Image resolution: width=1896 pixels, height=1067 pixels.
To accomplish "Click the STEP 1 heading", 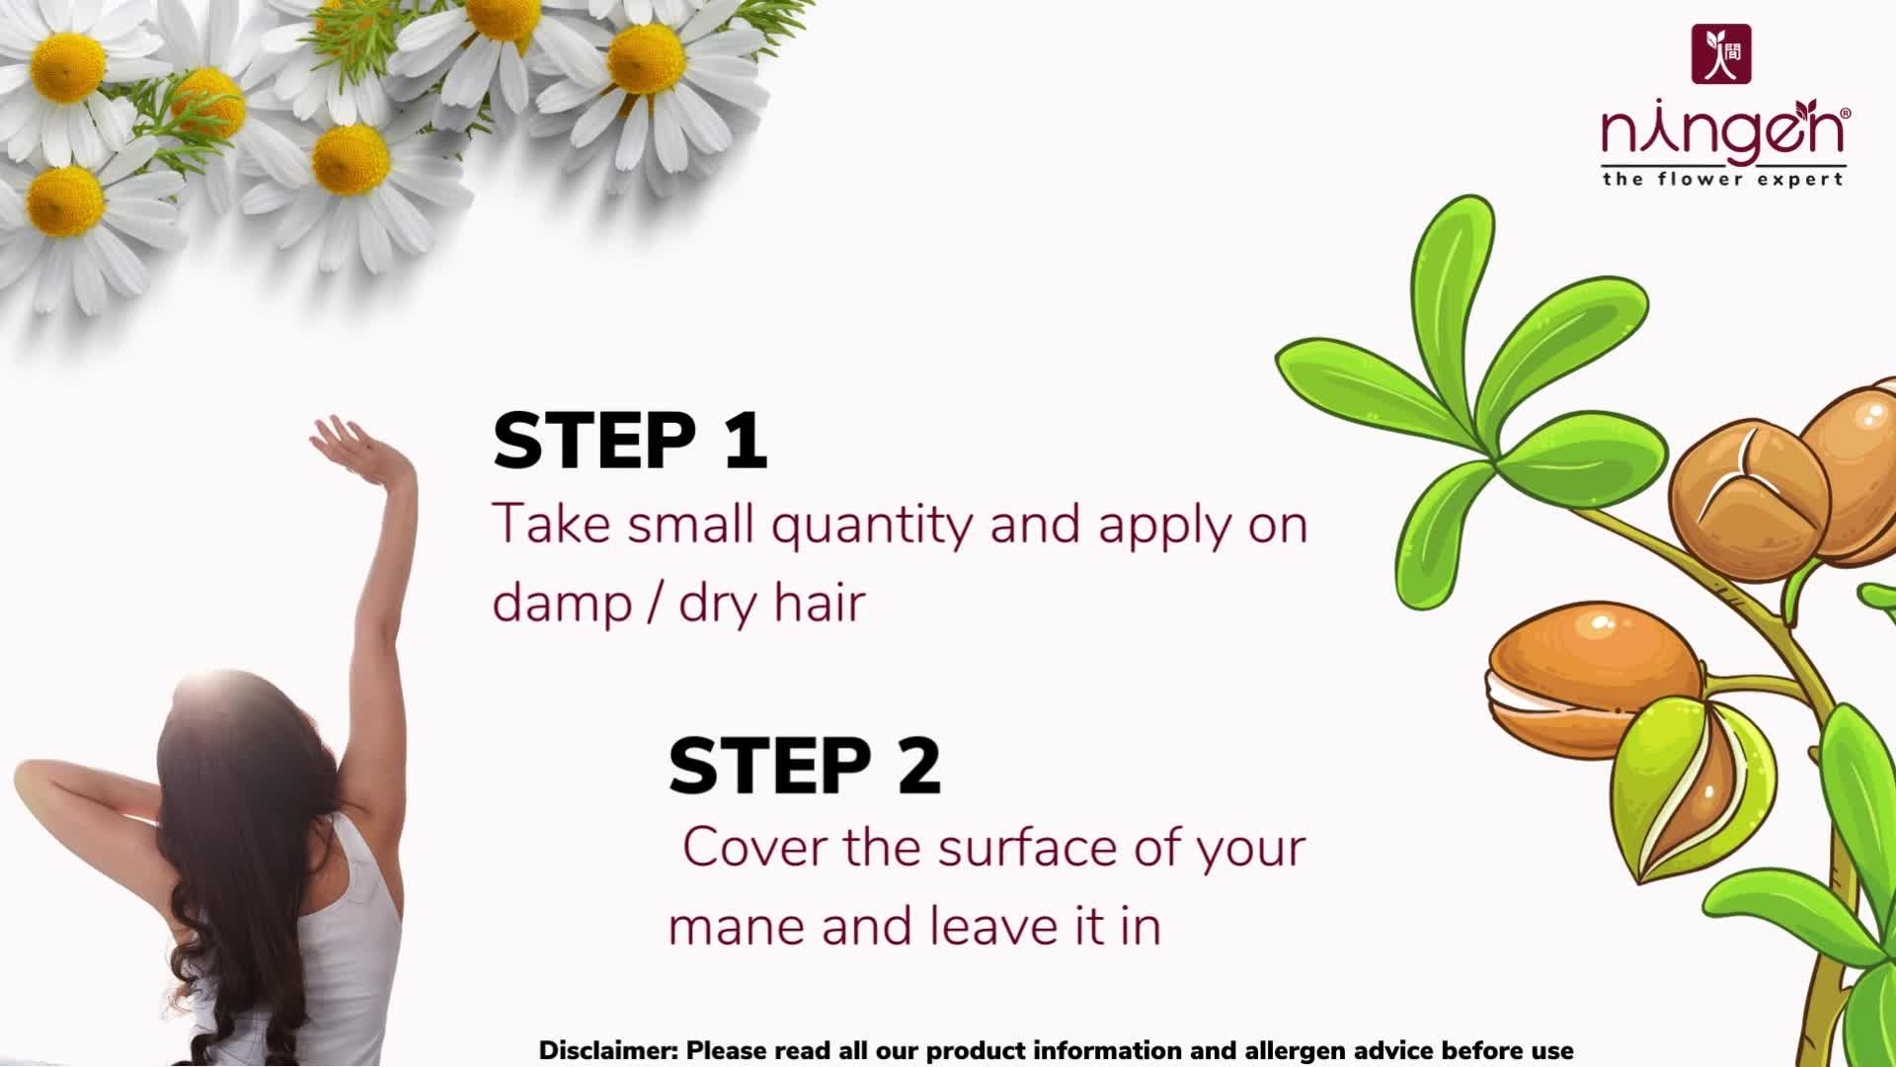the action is click(x=630, y=441).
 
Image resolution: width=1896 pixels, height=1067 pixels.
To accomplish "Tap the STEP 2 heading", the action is click(x=805, y=766).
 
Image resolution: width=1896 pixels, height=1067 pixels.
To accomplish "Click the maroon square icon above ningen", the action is click(x=1721, y=53).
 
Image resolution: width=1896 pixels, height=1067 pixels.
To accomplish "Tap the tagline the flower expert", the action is click(x=1723, y=179).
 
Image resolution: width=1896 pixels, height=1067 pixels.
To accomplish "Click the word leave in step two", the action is click(x=988, y=927).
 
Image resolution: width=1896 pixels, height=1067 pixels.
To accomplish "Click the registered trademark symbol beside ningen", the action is click(x=1845, y=115).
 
